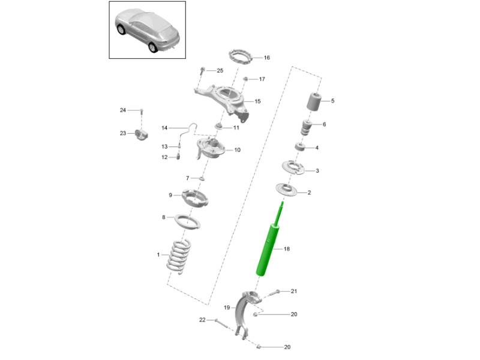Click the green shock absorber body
(268, 248)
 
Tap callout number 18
(286, 248)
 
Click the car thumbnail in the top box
(147, 29)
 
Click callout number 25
(220, 71)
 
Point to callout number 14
(164, 128)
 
